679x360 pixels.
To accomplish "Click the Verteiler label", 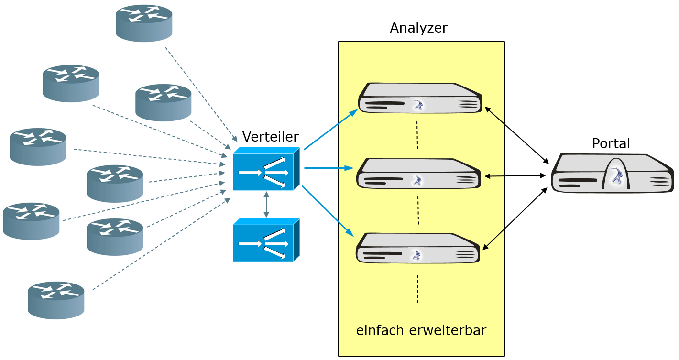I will pos(270,137).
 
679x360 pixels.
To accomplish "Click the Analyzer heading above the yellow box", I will pos(418,28).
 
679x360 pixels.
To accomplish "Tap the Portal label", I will pos(611,143).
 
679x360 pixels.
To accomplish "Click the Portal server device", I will pos(612,174).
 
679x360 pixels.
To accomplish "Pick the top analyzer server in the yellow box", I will pos(420,98).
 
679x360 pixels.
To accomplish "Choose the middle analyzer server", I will pos(418,174).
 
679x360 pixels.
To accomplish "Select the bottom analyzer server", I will pos(417,248).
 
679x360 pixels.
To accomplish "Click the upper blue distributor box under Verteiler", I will pos(265,169).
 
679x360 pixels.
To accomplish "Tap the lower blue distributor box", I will pos(265,240).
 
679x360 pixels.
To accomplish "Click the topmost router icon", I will pos(144,23).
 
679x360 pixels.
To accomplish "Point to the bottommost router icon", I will pos(56,300).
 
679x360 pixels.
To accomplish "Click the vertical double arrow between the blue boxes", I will pos(266,205).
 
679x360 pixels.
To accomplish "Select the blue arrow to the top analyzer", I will pos(330,130).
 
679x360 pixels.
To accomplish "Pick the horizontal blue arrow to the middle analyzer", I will pos(329,168).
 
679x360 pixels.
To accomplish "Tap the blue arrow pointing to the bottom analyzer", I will pos(328,211).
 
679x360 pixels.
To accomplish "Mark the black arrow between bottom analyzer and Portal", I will pos(515,218).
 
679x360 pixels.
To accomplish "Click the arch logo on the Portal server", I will pos(616,176).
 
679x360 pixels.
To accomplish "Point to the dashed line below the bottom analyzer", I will pos(417,289).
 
